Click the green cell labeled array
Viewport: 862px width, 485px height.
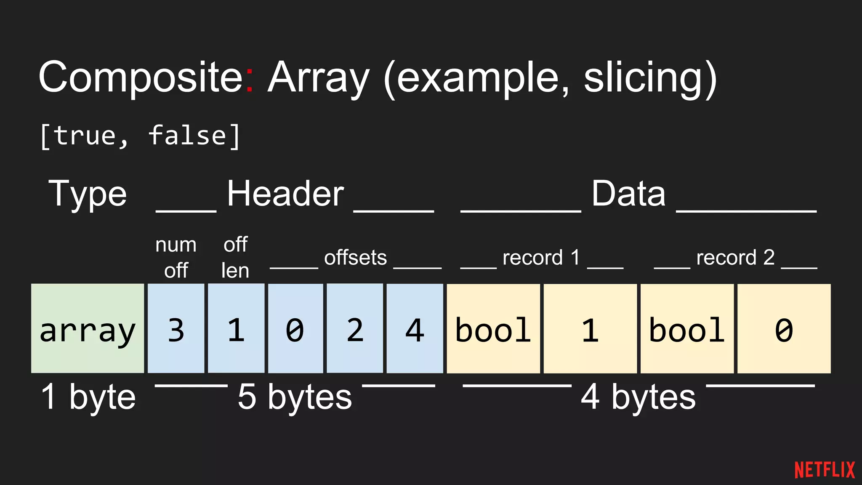[x=88, y=328]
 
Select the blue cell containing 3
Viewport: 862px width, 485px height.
[x=176, y=328]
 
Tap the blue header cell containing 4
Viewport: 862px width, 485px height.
[x=415, y=328]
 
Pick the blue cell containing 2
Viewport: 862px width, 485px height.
[x=355, y=328]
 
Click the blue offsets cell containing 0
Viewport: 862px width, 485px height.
[x=295, y=328]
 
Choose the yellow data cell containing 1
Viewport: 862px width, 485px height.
[x=590, y=328]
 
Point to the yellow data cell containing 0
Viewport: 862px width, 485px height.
[x=784, y=328]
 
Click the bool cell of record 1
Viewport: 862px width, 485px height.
[x=493, y=328]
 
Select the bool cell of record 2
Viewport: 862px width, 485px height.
[x=687, y=328]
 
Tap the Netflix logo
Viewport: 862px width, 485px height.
[x=825, y=470]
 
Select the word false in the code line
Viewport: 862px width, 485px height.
[x=188, y=136]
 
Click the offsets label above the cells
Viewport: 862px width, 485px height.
[x=355, y=257]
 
